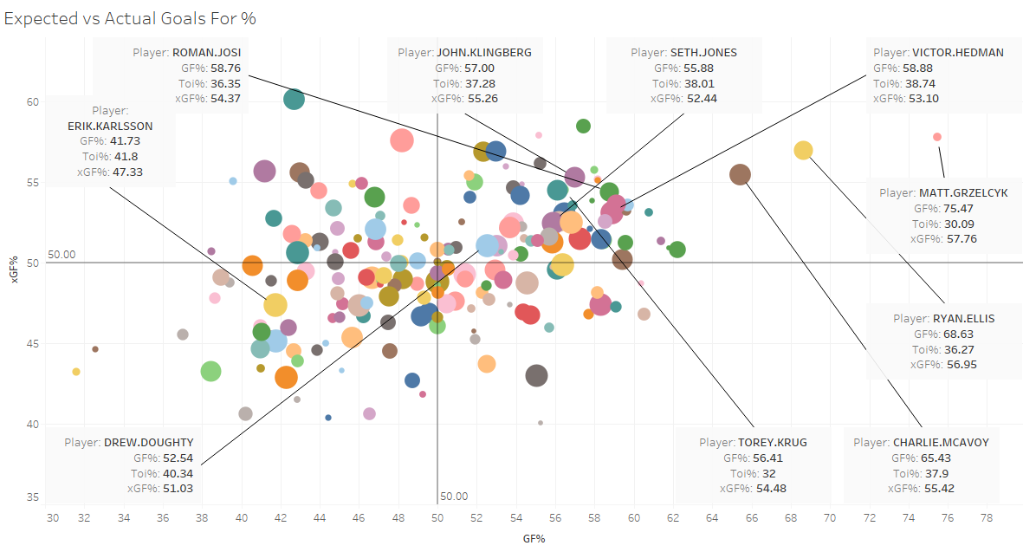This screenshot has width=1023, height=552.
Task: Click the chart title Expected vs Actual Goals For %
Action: point(130,17)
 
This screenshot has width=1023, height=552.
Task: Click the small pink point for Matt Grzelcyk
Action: point(937,137)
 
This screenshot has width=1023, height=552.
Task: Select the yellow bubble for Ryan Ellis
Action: point(803,151)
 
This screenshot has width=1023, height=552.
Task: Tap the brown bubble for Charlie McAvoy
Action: point(740,175)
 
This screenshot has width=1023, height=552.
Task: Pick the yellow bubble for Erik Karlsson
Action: point(275,305)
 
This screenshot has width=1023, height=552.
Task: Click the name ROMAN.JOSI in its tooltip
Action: point(206,52)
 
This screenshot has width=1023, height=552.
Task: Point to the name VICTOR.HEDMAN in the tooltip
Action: point(957,52)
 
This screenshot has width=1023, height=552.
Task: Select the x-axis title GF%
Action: point(534,538)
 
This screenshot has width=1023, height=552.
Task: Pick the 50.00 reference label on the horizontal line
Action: point(62,255)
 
